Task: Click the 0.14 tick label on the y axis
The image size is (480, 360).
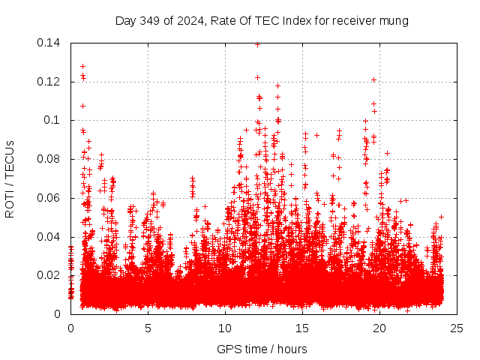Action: coord(50,43)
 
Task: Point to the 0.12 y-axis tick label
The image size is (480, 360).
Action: coord(50,82)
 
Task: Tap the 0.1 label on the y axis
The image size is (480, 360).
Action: coord(54,120)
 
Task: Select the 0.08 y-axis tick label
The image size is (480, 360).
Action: coord(50,159)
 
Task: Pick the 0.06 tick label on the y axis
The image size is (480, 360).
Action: coord(50,198)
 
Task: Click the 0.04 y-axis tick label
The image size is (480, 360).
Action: coord(50,237)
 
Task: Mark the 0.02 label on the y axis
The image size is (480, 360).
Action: coord(50,275)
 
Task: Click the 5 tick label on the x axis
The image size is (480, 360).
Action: coord(148,328)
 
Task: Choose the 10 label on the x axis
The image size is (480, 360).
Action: coord(225,328)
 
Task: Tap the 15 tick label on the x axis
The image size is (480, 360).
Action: coord(302,328)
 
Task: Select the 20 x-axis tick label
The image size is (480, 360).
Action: coord(379,328)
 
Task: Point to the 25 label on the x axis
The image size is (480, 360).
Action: coord(457,328)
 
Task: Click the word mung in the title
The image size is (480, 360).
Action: coord(394,21)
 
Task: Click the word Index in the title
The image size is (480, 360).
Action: coord(286,21)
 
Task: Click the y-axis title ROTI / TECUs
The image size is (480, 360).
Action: coord(10,178)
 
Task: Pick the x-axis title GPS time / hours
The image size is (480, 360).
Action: coord(262,349)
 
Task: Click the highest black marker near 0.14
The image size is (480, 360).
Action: coord(257,44)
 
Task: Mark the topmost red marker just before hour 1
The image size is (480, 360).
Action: coord(82,66)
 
